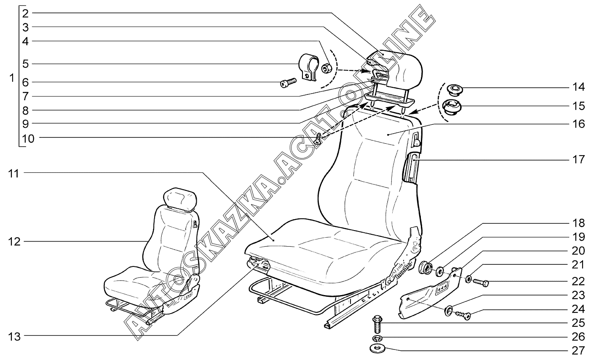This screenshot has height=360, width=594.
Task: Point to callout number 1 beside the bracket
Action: pos(12,78)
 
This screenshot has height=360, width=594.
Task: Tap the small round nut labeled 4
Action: pos(326,68)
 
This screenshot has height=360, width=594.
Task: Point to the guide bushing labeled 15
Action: pos(451,106)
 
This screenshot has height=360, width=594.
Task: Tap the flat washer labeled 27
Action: pos(377,349)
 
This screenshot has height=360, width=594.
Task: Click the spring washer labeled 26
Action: pos(377,339)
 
